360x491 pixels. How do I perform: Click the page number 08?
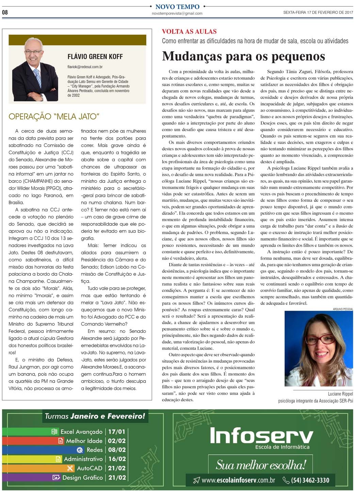point(5,12)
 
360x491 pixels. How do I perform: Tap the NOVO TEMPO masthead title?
point(177,6)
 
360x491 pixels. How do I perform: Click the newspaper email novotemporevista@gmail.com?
point(177,14)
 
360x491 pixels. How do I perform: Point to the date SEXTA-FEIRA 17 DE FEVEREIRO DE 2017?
point(318,13)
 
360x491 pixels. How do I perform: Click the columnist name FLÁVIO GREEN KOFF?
point(95,57)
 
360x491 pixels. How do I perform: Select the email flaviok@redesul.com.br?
point(85,67)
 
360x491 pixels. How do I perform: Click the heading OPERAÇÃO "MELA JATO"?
point(54,117)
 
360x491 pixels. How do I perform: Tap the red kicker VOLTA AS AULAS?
point(189,32)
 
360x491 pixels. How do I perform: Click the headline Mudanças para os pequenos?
point(243,56)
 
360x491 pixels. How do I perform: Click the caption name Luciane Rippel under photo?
point(340,394)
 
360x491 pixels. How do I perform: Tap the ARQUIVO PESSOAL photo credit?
point(343,309)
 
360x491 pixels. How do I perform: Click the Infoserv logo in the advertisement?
point(261,436)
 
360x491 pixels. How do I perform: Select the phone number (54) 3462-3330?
point(310,480)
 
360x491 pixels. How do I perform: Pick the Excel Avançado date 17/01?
point(117,432)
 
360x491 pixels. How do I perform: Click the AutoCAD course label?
point(89,468)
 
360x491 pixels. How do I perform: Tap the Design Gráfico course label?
point(82,477)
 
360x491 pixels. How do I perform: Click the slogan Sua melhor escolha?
point(261,465)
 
